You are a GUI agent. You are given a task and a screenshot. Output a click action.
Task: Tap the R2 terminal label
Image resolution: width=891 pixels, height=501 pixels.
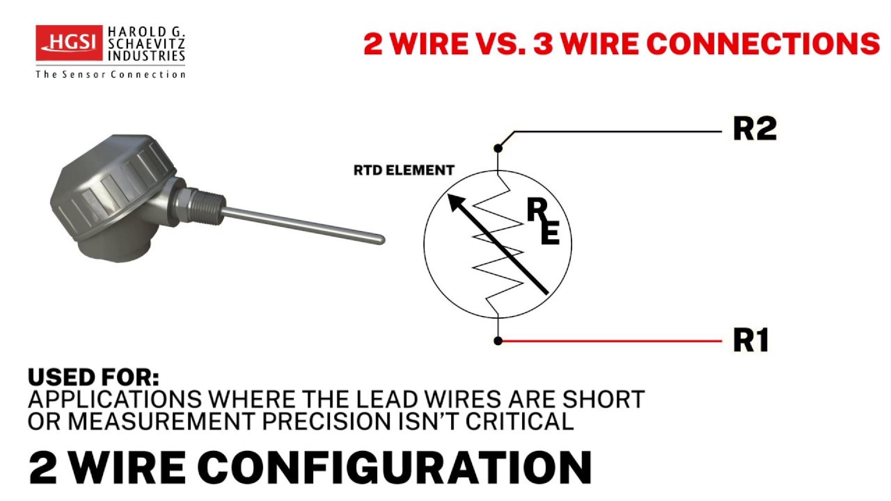pyautogui.click(x=754, y=129)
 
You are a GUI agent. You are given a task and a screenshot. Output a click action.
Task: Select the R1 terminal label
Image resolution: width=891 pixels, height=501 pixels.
pyautogui.click(x=750, y=340)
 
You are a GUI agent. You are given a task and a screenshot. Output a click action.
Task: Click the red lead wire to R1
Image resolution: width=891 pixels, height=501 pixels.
pyautogui.click(x=613, y=341)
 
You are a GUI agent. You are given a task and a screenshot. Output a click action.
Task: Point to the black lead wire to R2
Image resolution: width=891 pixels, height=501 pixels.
pyautogui.click(x=617, y=132)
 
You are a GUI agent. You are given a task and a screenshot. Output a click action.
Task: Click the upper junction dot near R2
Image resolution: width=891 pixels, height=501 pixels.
pyautogui.click(x=498, y=148)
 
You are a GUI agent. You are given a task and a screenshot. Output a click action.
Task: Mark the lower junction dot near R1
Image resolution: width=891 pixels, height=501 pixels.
pyautogui.click(x=498, y=341)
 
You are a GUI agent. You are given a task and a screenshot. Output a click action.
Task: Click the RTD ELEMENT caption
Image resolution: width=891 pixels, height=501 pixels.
pyautogui.click(x=404, y=170)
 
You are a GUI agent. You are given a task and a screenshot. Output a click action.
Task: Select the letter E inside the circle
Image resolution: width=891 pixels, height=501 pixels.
pyautogui.click(x=550, y=233)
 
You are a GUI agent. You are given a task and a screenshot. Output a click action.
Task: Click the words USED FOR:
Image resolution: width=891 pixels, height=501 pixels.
pyautogui.click(x=93, y=377)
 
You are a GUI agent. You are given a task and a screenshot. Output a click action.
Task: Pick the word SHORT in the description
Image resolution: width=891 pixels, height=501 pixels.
pyautogui.click(x=604, y=399)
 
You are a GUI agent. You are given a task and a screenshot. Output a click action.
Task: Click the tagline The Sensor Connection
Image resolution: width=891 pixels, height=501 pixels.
pyautogui.click(x=110, y=74)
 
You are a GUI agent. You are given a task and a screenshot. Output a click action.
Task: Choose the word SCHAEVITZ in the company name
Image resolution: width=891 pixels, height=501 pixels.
pyautogui.click(x=146, y=45)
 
